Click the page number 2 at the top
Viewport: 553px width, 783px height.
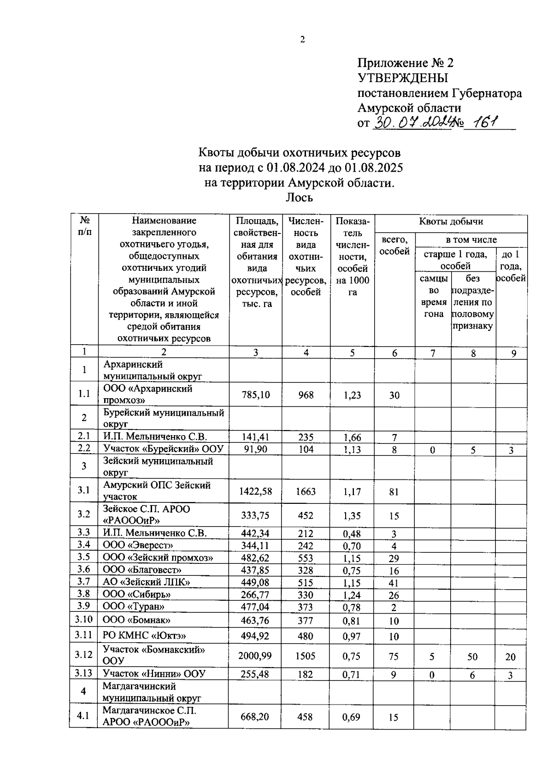[302, 40]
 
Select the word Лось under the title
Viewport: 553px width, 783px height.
[299, 197]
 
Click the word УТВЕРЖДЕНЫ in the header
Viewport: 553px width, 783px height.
[403, 78]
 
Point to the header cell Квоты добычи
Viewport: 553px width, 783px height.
[450, 221]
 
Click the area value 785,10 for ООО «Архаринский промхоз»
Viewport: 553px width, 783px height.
[256, 395]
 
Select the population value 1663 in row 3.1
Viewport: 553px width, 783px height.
[306, 491]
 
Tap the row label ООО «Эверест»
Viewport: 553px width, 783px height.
[138, 545]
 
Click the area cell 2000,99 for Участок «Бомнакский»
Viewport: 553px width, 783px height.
[255, 656]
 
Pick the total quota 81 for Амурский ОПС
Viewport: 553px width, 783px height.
[394, 492]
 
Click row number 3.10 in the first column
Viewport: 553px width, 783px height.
[84, 620]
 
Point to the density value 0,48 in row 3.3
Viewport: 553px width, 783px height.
[352, 534]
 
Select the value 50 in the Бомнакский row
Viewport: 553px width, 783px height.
[472, 657]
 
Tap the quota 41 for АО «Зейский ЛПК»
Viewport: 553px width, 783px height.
[394, 583]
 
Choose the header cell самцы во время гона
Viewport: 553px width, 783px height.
[433, 296]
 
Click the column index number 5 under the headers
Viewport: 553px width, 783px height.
[352, 353]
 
